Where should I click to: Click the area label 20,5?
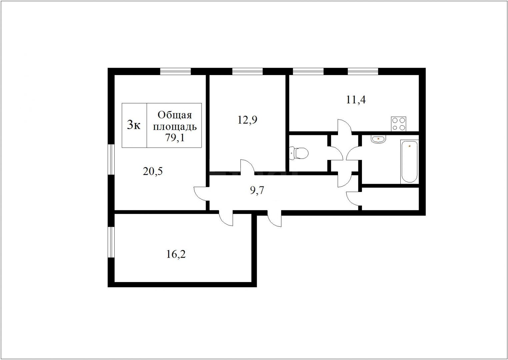[x=153, y=171]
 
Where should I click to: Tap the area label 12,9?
[x=247, y=120]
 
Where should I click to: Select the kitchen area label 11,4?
[x=356, y=100]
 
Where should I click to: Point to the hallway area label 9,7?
[x=257, y=190]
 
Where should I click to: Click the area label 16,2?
[x=176, y=254]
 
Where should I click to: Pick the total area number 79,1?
[x=175, y=137]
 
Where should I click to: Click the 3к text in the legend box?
[x=134, y=125]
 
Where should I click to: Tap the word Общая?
[x=175, y=115]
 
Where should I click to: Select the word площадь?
[x=175, y=127]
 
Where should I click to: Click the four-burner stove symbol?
[x=398, y=124]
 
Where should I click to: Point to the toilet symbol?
[x=299, y=153]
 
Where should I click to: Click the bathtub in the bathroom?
[x=409, y=162]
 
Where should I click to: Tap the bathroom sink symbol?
[x=378, y=139]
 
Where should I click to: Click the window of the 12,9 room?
[x=247, y=71]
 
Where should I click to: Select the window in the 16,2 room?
[x=111, y=242]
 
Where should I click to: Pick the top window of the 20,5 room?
[x=175, y=71]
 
